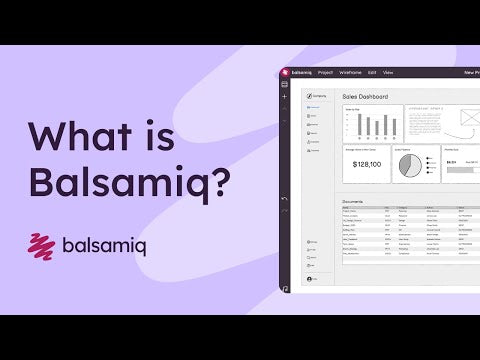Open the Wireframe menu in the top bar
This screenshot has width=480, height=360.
350,73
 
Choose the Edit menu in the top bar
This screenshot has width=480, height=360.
372,73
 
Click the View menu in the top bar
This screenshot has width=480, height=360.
388,73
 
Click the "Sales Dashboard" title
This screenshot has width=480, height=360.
365,97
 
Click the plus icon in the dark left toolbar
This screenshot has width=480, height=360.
285,97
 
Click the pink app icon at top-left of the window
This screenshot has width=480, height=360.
285,73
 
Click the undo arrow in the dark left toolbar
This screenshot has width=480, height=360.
285,199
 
